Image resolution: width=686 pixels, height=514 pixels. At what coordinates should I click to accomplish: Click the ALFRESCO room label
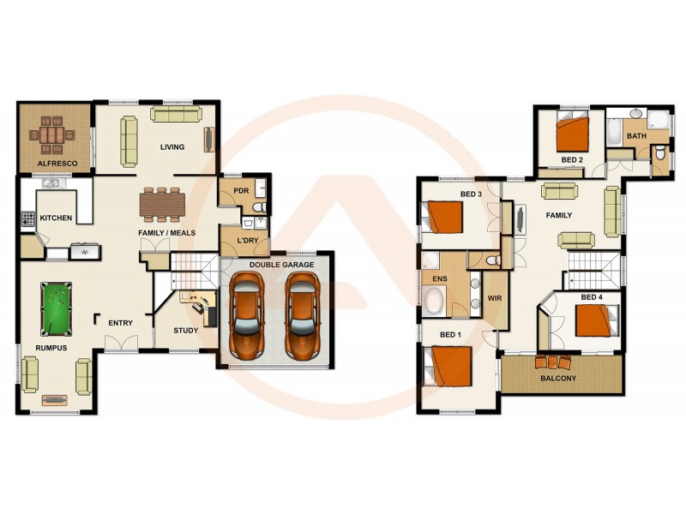(57, 163)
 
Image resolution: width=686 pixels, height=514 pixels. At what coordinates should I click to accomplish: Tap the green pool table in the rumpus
(56, 309)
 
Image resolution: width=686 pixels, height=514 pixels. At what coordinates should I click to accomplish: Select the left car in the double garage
(247, 315)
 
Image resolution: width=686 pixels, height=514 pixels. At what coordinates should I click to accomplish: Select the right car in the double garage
(302, 315)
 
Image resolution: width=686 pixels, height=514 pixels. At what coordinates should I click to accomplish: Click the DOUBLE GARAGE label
(281, 265)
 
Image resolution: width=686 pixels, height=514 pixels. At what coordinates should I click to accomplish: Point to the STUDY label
(185, 330)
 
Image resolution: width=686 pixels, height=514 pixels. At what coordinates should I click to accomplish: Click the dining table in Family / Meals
(162, 203)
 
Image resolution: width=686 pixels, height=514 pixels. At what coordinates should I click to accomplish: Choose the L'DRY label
(248, 241)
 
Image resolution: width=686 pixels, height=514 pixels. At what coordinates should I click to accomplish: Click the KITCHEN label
(57, 218)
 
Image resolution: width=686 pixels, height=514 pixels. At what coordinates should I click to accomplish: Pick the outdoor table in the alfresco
(51, 134)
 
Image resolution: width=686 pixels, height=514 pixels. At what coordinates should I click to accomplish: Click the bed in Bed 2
(572, 134)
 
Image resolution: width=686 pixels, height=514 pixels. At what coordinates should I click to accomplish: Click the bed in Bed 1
(451, 366)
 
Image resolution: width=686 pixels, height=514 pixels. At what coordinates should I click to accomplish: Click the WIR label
(494, 298)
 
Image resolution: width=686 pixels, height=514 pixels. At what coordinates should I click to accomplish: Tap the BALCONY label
(558, 378)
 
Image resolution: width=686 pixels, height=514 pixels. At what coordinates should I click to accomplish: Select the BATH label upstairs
(636, 135)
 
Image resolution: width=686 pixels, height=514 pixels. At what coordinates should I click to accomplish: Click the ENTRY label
(121, 323)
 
